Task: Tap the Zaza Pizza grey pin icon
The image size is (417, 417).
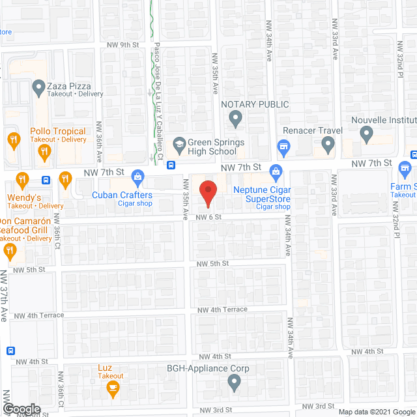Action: [37, 86]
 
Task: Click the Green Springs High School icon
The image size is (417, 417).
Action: [179, 143]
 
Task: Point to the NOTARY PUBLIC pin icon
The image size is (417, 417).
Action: [236, 118]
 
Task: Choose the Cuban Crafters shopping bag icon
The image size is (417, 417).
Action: [137, 175]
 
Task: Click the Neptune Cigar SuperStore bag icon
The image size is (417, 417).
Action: [276, 174]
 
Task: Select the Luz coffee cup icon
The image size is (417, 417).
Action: [111, 390]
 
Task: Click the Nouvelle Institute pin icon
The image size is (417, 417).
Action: [366, 135]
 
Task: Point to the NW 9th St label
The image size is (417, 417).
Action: [123, 45]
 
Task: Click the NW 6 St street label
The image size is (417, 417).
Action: [211, 218]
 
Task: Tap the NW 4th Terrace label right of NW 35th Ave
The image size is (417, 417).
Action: [222, 309]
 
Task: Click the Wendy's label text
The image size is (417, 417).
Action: [25, 197]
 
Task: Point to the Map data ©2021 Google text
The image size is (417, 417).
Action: [376, 411]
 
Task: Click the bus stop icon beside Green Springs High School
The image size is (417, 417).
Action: [171, 165]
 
